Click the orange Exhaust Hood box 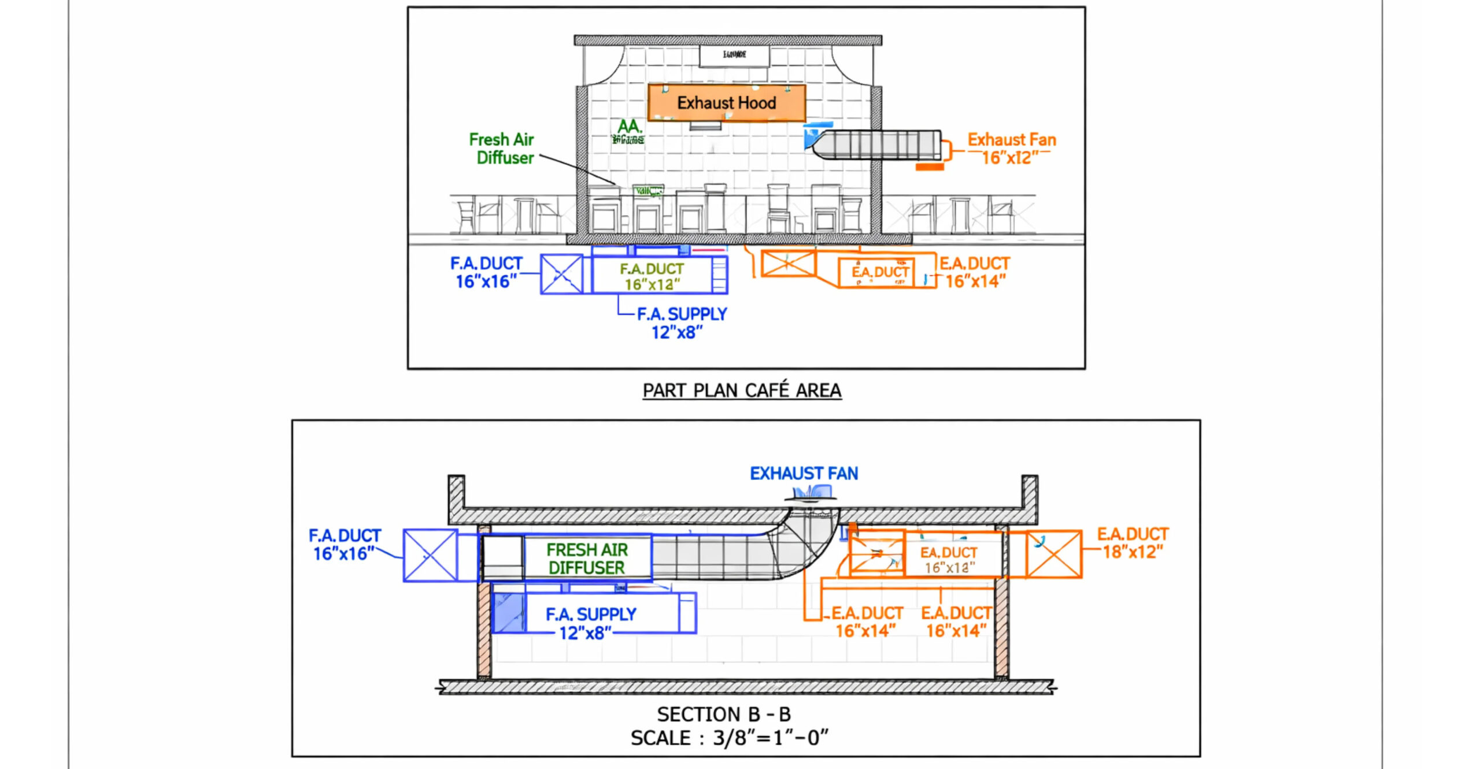726,103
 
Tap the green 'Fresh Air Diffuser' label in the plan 501,149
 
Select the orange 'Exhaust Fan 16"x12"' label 1012,149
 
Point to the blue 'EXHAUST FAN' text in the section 804,474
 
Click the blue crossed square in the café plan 561,274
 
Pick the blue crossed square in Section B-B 430,556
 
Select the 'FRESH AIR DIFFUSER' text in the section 587,559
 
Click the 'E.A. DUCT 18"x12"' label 1133,543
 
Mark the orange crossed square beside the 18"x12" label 1053,554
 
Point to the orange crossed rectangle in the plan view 788,264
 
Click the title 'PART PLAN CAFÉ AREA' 742,391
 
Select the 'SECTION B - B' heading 724,715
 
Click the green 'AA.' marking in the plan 629,127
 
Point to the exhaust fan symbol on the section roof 812,494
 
